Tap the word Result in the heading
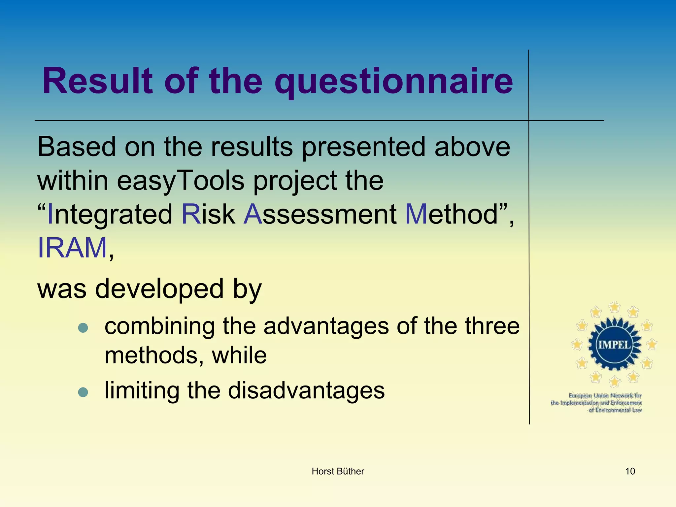[x=98, y=81]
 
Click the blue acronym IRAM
[x=72, y=248]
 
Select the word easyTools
[x=180, y=181]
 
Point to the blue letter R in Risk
[x=191, y=214]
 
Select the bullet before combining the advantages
[x=83, y=327]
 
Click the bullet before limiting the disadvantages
[x=83, y=392]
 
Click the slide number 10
[x=630, y=471]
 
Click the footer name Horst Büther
[x=338, y=471]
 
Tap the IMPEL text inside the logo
[x=614, y=345]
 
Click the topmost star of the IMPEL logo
[x=614, y=307]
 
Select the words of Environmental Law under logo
[x=615, y=410]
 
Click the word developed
[x=159, y=289]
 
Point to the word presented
[x=363, y=147]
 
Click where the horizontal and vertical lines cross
[x=529, y=120]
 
